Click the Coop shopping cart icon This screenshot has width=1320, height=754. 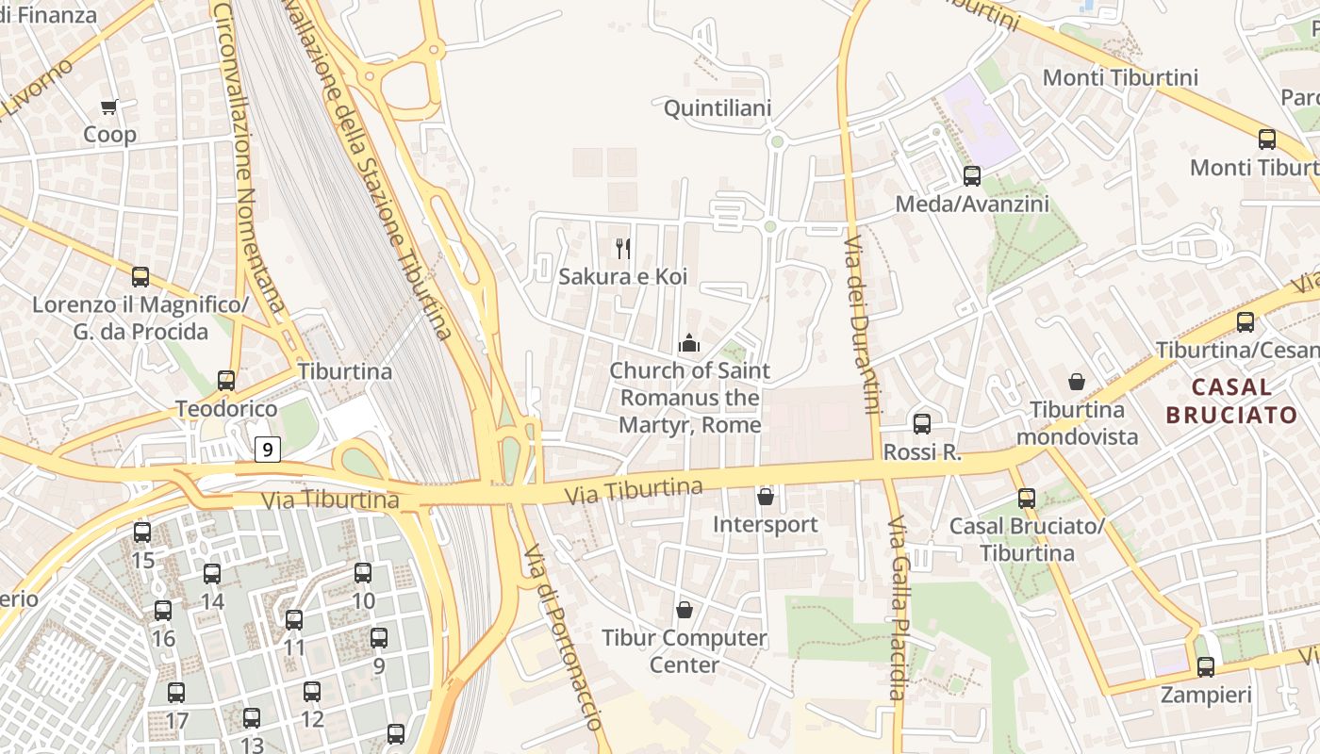(109, 107)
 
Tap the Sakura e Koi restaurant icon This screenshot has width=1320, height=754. (622, 249)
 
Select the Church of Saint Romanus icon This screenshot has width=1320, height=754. (690, 343)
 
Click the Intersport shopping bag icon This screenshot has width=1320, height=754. (766, 496)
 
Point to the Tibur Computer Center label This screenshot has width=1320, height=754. (685, 651)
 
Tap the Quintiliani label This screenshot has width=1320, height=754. (718, 108)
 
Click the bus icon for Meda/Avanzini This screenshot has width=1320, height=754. (972, 175)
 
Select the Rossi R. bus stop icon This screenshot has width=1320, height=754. (922, 424)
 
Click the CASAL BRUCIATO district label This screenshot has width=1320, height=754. (1231, 401)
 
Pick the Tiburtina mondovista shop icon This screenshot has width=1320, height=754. (1076, 382)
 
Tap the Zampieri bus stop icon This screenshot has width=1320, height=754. (1206, 667)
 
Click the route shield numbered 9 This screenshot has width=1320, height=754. (268, 450)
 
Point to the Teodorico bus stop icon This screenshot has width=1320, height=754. (226, 381)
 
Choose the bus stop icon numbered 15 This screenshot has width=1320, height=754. (142, 533)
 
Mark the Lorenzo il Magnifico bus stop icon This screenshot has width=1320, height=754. (140, 277)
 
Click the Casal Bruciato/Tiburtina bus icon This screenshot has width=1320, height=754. (1027, 499)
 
